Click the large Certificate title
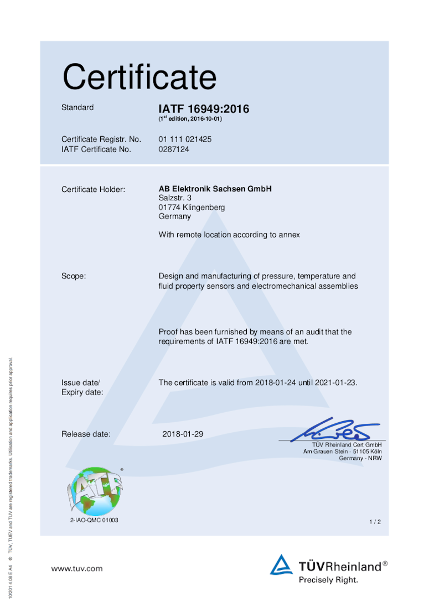pos(139,77)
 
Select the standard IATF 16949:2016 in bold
pos(204,109)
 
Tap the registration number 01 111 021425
pos(185,139)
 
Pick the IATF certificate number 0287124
pos(174,149)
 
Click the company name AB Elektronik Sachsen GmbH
pos(215,189)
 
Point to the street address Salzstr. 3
pos(175,198)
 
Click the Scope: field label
pos(74,276)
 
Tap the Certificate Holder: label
pos(93,190)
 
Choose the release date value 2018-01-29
pos(183,434)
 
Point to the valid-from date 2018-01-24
pos(275,382)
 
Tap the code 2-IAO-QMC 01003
pos(94,520)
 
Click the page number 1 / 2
pos(375,522)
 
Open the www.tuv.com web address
pos(77,568)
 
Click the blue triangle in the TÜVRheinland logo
pos(281,565)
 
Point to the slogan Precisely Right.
pos(328,580)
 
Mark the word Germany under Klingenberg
pos(174,217)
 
